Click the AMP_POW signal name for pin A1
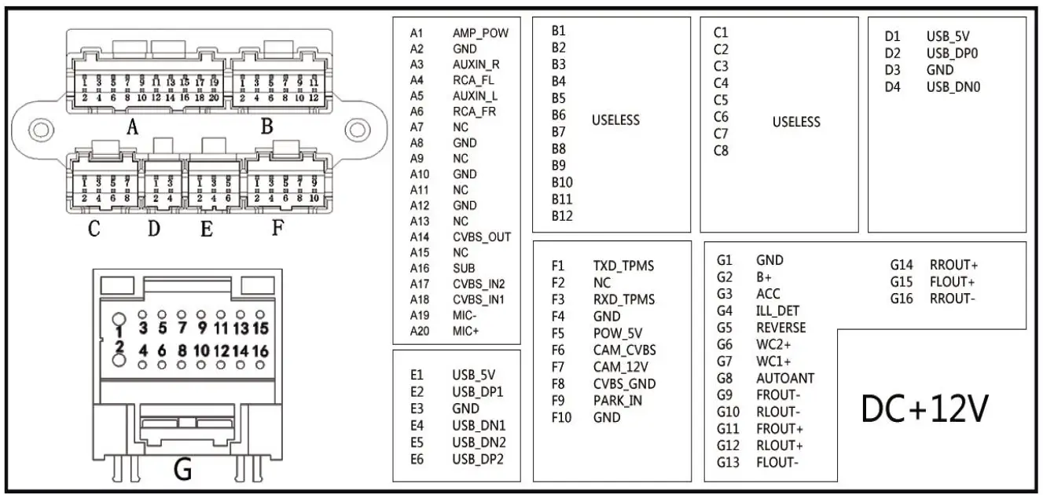pos(479,33)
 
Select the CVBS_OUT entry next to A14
pos(481,236)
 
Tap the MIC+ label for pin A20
pos(465,331)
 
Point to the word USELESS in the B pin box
pos(615,120)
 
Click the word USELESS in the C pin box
pos(796,122)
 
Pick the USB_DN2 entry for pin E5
pos(479,442)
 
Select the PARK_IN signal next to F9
pos(618,401)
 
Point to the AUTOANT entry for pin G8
pos(784,378)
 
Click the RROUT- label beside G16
pos(953,299)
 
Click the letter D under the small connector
pos(154,229)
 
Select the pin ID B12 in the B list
pos(562,216)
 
